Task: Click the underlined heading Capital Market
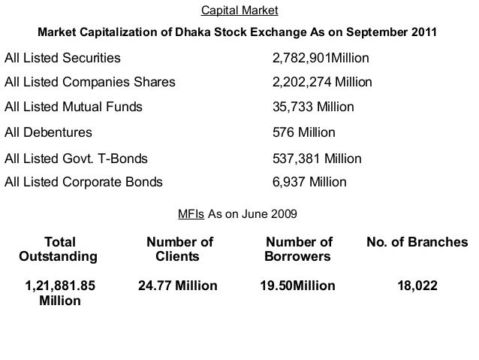[239, 11]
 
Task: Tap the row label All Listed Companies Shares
[89, 82]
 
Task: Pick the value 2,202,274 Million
[321, 82]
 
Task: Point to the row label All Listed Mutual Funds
[73, 107]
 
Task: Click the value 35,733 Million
[312, 107]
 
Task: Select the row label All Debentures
[48, 133]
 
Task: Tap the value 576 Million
[303, 133]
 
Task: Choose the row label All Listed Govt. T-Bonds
[76, 159]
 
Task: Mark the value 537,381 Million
[316, 159]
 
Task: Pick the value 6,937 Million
[309, 182]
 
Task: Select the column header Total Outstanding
[60, 250]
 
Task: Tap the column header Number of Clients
[179, 250]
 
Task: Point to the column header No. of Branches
[417, 243]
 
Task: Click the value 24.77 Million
[178, 286]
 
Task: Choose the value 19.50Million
[298, 286]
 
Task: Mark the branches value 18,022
[417, 286]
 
